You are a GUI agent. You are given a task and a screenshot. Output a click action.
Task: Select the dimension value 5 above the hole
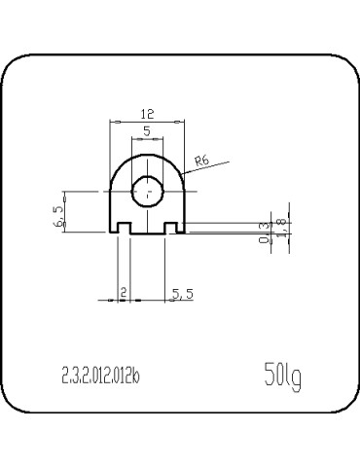click(146, 129)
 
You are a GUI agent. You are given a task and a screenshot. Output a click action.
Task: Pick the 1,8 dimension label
click(281, 226)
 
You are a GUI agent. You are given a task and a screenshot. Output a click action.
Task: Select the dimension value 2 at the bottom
click(123, 291)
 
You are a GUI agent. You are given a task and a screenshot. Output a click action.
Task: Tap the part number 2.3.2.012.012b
click(100, 376)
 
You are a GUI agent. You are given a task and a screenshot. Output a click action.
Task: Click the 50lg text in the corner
click(281, 375)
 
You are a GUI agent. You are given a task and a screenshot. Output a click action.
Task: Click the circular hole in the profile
click(148, 192)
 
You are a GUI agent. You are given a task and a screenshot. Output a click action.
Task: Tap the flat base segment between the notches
click(148, 233)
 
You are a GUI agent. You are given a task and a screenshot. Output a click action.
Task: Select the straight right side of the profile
click(184, 209)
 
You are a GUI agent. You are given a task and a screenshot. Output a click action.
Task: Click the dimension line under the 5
click(147, 138)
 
